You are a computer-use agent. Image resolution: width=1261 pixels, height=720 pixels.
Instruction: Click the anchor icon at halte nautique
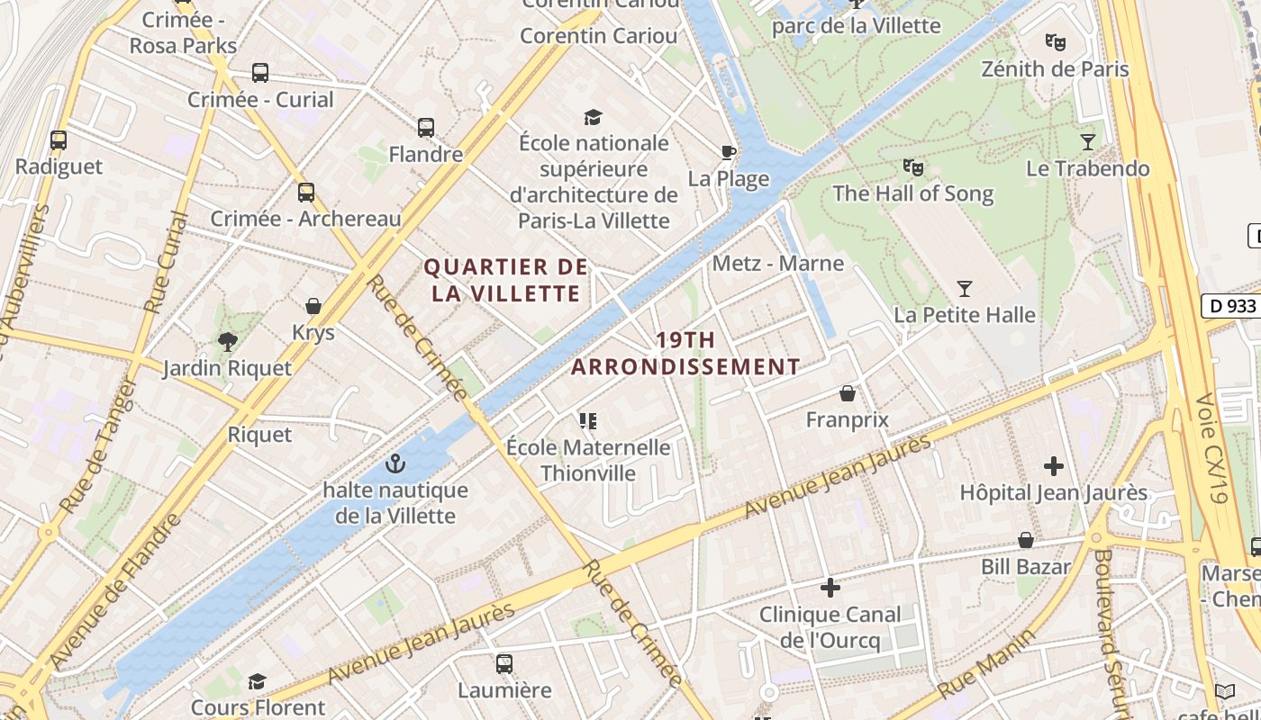pyautogui.click(x=395, y=463)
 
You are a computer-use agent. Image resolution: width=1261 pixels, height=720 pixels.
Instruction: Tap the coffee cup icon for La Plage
pyautogui.click(x=728, y=152)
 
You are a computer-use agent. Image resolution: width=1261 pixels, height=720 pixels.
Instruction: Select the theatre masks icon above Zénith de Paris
pyautogui.click(x=1055, y=41)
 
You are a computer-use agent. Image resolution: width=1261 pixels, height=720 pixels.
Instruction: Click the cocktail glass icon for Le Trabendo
pyautogui.click(x=1088, y=141)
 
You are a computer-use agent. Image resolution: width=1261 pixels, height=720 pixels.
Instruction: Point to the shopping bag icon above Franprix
pyautogui.click(x=847, y=393)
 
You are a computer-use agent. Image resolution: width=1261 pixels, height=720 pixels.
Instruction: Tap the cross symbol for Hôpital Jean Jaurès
pyautogui.click(x=1053, y=466)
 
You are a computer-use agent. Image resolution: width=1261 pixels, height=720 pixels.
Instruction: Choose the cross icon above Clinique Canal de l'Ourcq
pyautogui.click(x=830, y=588)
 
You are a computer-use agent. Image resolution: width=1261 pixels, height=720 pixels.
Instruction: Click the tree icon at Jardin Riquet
pyautogui.click(x=227, y=341)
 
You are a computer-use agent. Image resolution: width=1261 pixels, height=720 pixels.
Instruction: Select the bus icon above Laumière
pyautogui.click(x=503, y=664)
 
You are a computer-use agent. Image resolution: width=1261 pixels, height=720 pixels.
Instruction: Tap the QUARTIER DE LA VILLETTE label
pyautogui.click(x=505, y=280)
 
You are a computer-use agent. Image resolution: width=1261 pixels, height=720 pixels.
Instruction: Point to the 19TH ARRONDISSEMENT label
pyautogui.click(x=685, y=354)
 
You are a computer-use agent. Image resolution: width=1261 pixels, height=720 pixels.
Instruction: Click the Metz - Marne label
pyautogui.click(x=777, y=264)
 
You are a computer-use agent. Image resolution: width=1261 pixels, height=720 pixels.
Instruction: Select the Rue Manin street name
pyautogui.click(x=986, y=664)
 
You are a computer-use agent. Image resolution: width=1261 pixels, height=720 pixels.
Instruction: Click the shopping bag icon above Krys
pyautogui.click(x=313, y=306)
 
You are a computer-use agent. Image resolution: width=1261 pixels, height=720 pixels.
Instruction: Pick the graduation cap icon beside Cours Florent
pyautogui.click(x=257, y=681)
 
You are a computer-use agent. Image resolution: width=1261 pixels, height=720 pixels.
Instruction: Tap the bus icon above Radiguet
pyautogui.click(x=59, y=140)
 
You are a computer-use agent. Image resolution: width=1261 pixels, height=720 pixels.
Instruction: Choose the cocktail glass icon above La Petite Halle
pyautogui.click(x=964, y=289)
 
